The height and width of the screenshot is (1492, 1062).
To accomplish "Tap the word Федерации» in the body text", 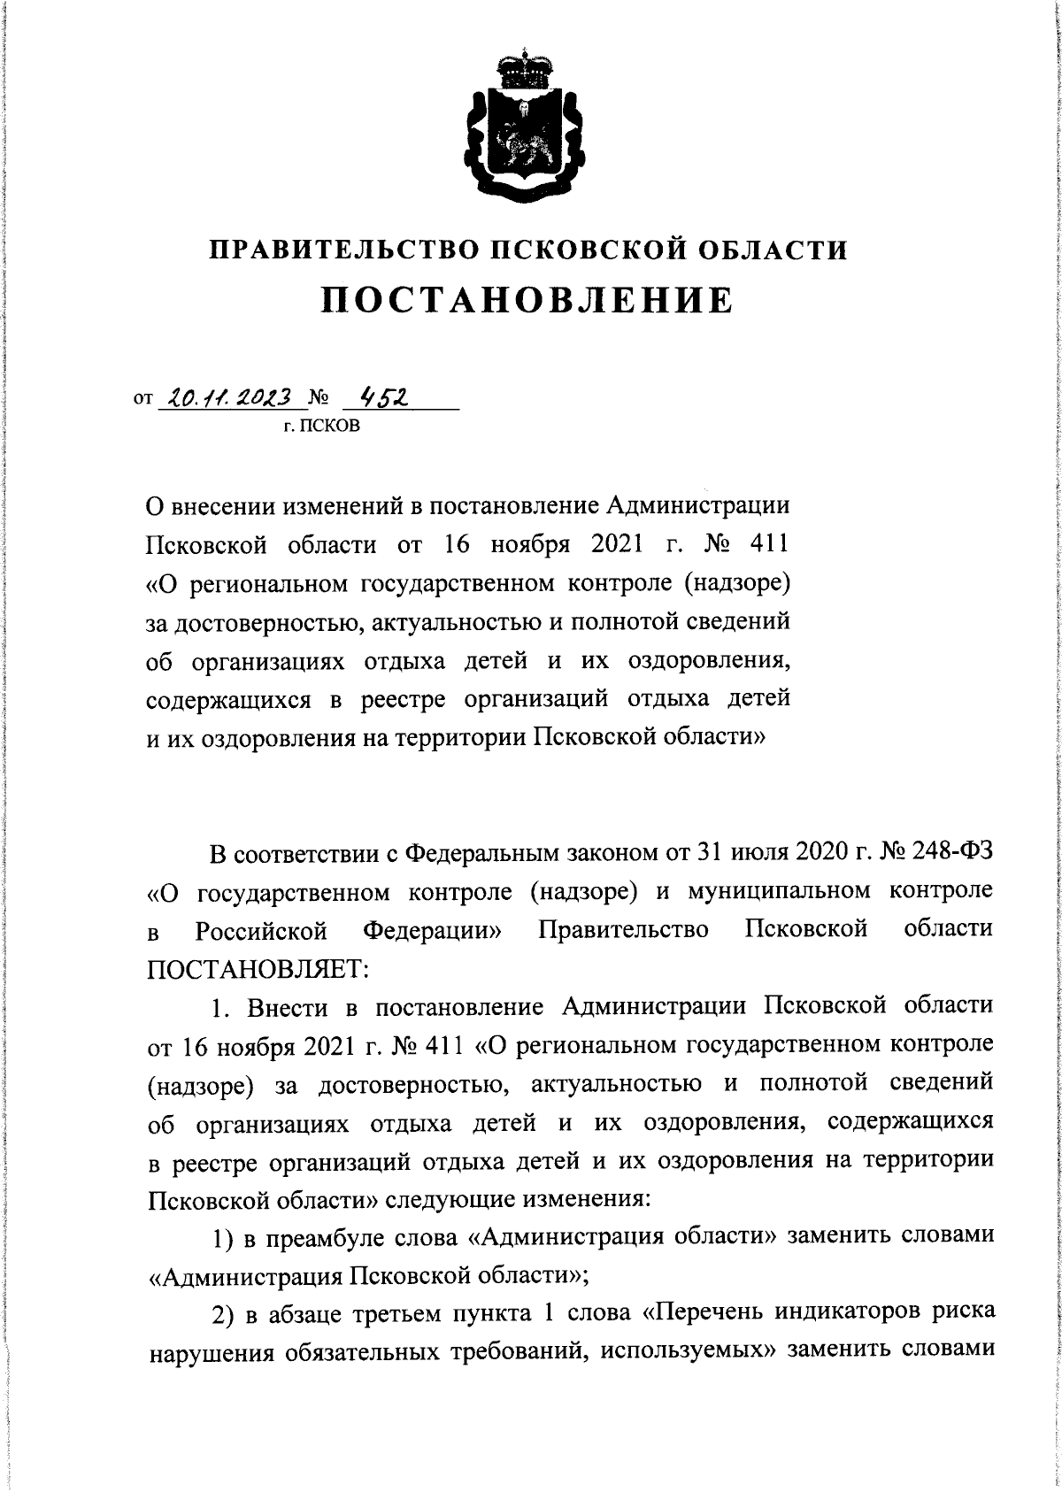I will point(432,930).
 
